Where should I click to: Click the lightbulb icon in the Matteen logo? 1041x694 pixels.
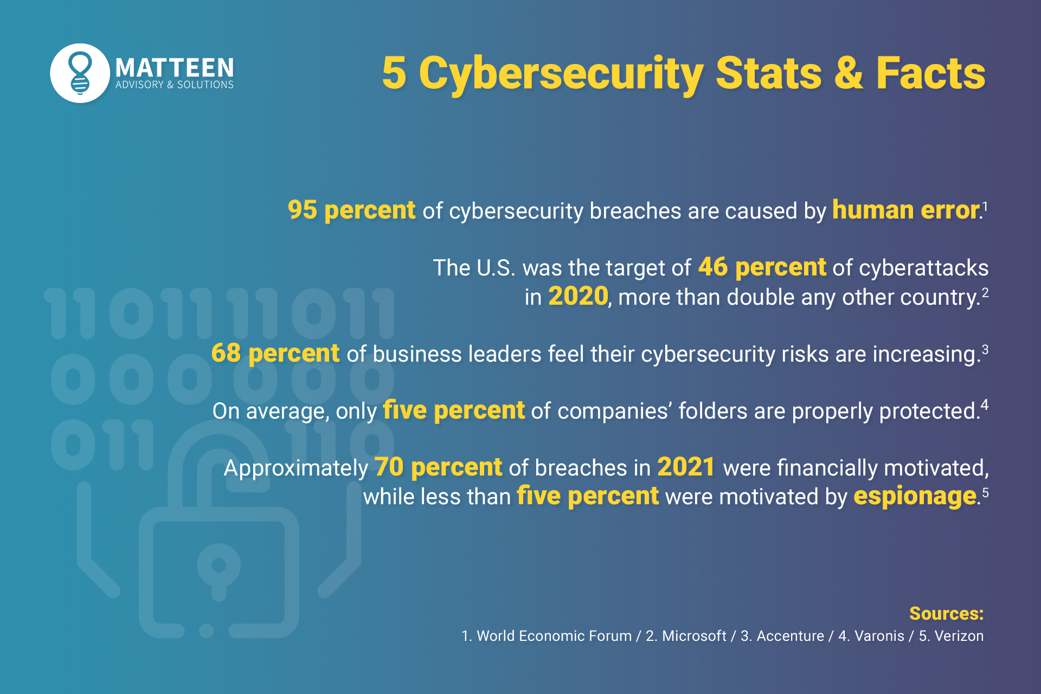[80, 73]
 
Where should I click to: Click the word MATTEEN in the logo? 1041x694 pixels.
[175, 68]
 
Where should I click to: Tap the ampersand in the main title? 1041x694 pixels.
[848, 73]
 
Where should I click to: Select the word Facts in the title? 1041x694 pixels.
[930, 73]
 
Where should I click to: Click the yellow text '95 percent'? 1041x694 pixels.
[351, 210]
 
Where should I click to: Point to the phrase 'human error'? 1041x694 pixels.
[905, 210]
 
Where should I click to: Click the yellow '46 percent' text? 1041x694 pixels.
[762, 267]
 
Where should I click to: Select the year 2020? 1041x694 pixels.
[578, 297]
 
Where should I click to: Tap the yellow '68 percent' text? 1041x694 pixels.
[275, 354]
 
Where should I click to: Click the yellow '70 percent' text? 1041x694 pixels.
[438, 467]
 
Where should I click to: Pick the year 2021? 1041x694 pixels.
[686, 467]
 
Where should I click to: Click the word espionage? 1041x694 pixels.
[915, 496]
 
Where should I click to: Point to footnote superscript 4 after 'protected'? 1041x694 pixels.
[984, 404]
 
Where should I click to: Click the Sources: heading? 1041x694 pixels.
[946, 613]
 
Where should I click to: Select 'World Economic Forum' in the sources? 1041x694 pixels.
[554, 636]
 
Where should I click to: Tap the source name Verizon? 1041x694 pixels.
[959, 636]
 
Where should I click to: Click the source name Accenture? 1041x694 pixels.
[790, 636]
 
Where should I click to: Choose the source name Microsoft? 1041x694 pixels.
[694, 636]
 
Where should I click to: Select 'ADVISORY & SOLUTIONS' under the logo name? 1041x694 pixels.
[175, 85]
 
